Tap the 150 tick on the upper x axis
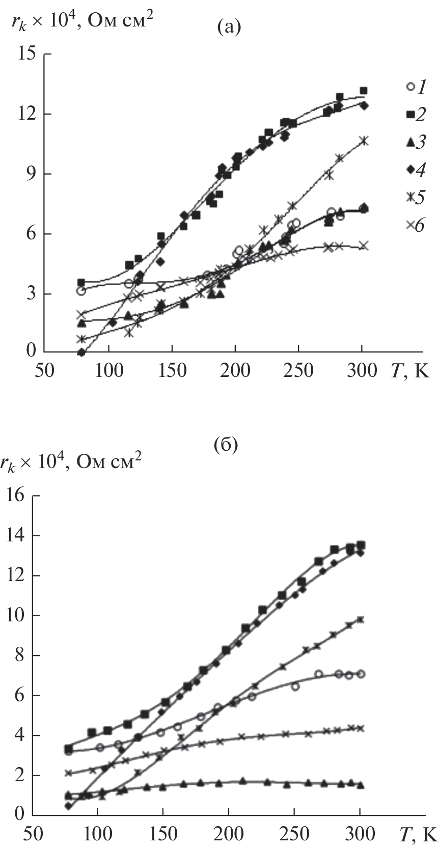(172, 370)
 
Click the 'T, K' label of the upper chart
(410, 370)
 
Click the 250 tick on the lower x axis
(294, 834)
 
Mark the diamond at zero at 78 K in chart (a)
(81, 352)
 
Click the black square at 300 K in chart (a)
(363, 91)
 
